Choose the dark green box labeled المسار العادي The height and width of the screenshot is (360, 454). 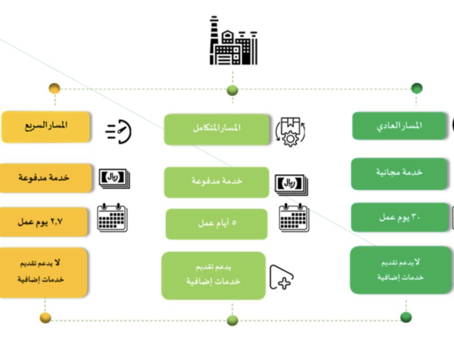pos(399,126)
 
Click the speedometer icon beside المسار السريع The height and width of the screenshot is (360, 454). pos(119,132)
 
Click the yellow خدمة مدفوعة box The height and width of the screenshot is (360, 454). pos(44,178)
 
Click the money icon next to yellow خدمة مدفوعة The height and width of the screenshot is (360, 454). pos(114,178)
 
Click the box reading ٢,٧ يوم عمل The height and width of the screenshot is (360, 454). pos(44,222)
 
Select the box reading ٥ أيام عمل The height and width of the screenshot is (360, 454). pos(217,224)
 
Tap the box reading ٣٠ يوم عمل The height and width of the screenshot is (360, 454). pos(399,217)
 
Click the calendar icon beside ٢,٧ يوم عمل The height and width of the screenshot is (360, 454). pos(112,218)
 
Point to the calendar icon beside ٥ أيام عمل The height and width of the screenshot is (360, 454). pos(294,218)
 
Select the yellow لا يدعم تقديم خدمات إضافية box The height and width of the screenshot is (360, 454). pos(44,272)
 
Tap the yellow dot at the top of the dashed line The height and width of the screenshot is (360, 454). pos(54,88)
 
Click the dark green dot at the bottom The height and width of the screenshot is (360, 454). pos(406,317)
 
